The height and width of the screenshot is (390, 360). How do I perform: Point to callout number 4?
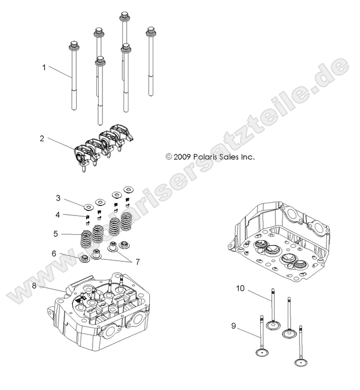[x=57, y=214]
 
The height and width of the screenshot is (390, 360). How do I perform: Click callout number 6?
[x=54, y=253]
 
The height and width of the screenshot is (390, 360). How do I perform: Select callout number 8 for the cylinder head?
[x=34, y=286]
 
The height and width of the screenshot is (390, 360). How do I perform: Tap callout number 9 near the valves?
[x=234, y=326]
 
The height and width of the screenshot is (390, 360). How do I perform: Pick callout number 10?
[x=240, y=288]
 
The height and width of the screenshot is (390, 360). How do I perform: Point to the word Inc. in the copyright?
[x=248, y=156]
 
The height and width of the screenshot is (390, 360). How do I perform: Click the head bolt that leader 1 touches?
[x=73, y=77]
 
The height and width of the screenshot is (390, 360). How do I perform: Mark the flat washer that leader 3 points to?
[x=88, y=207]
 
